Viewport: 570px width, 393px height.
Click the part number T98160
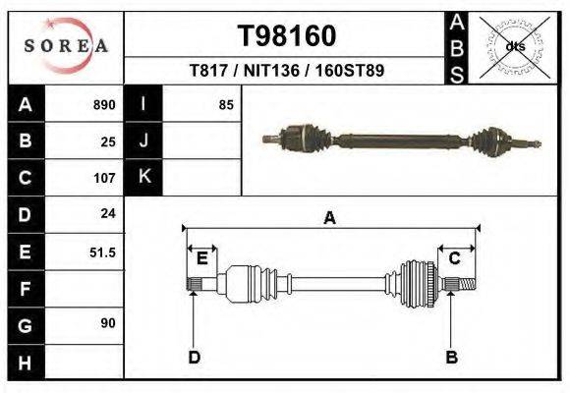(x=287, y=35)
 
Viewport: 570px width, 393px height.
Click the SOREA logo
(x=66, y=45)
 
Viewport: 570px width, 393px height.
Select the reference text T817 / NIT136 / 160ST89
(x=287, y=71)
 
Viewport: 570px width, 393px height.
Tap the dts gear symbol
(x=514, y=46)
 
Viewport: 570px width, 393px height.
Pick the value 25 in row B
(x=108, y=140)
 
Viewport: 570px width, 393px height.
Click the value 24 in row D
(x=108, y=213)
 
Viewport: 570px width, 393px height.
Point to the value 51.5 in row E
(x=102, y=252)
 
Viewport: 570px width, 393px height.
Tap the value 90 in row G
(x=108, y=323)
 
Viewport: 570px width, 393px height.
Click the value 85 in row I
(x=226, y=104)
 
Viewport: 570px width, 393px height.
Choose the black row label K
(x=143, y=178)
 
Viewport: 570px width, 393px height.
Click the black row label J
(x=143, y=140)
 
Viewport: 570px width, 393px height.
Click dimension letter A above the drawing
(x=329, y=218)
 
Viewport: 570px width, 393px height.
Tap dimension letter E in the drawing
(x=201, y=258)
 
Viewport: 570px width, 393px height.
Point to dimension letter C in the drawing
(x=455, y=258)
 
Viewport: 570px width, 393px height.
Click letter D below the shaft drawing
(x=194, y=357)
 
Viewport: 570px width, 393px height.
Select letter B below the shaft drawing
(x=451, y=357)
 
